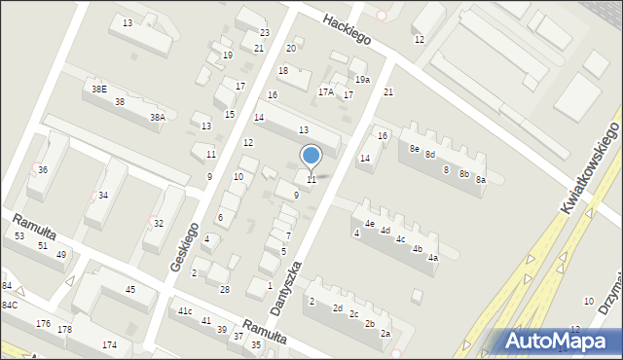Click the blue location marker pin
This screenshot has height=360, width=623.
311,156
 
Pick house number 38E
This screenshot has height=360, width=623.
99,89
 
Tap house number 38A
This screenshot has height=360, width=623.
157,117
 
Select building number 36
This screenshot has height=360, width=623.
42,169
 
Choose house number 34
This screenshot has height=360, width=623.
103,196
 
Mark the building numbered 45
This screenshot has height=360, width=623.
130,289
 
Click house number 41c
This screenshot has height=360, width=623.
185,311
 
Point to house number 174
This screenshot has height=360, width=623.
109,345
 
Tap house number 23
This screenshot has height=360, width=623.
265,33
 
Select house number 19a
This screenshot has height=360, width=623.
362,80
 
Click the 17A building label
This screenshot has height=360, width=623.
326,92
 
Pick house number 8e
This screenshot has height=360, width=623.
415,149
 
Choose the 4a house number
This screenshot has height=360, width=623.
433,258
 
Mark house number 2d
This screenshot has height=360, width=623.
338,308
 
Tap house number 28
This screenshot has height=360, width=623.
225,290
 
